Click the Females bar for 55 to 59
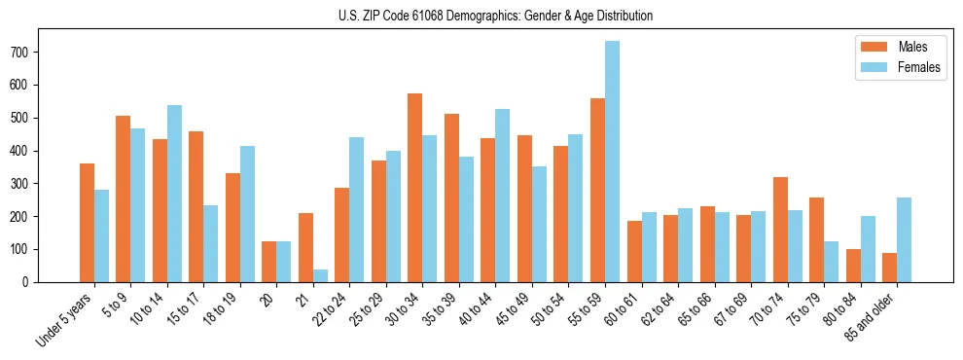tap(612, 162)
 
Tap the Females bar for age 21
tap(320, 275)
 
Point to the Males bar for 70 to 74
tap(780, 230)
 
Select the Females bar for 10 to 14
tap(174, 194)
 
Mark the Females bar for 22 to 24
tap(357, 209)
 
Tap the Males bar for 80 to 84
tap(853, 266)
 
